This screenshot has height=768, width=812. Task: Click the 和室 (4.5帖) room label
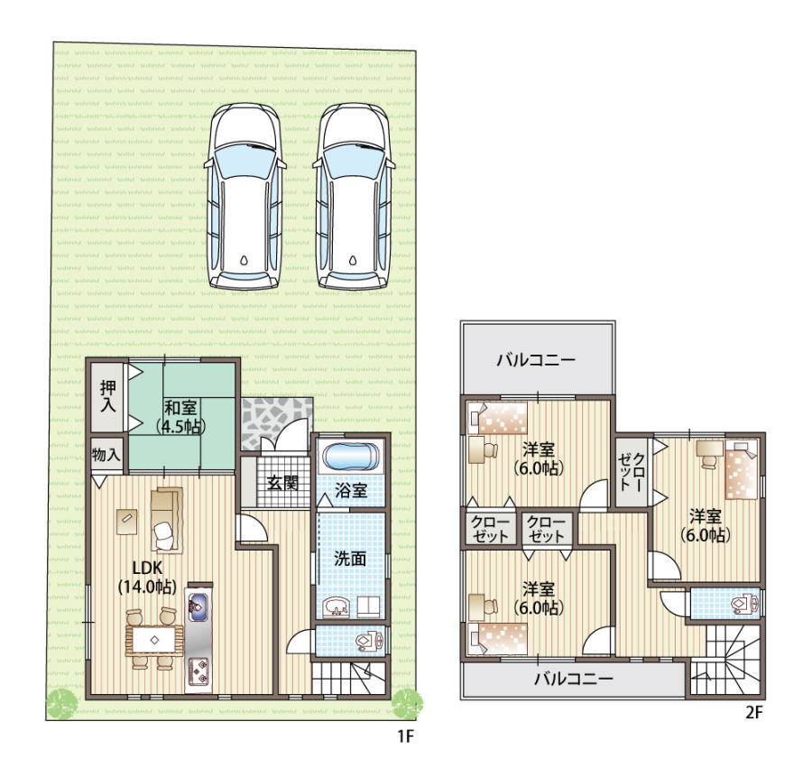pos(180,417)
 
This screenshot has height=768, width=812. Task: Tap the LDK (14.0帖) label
pos(148,577)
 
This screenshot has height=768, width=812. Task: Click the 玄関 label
pos(282,483)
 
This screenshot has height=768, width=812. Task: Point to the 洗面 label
pos(350,559)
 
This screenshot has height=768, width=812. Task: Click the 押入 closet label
pos(108,396)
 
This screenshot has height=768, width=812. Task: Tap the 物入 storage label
pos(106,455)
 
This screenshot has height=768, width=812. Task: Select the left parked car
pos(245,197)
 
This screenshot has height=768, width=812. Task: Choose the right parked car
pos(354,197)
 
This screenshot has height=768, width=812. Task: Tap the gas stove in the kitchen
pos(198,671)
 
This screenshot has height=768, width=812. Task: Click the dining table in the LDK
pos(154,640)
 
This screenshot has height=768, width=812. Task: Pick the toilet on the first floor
pos(369,642)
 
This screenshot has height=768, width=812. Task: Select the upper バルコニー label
pos(537,360)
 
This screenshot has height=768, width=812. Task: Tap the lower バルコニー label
pos(574,679)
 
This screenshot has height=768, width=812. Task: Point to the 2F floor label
pos(753,713)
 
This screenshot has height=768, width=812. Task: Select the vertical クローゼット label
pos(632,472)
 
